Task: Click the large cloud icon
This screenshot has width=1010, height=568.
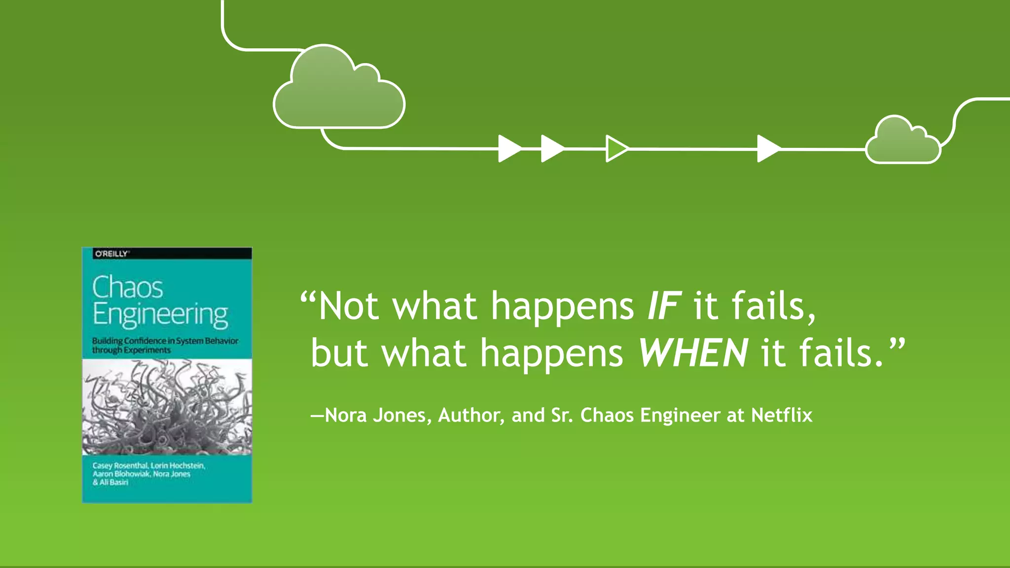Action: pos(339,91)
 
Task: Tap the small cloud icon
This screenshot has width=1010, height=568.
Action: pos(902,143)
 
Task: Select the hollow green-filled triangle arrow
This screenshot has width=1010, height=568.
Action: pos(616,148)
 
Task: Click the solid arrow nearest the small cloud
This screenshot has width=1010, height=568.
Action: pos(768,148)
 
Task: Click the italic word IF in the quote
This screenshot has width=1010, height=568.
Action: pos(664,306)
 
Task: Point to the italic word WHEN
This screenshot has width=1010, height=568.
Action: pos(693,353)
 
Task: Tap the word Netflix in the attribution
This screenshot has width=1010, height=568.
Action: pos(782,415)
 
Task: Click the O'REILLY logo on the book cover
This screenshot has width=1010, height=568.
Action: pos(112,254)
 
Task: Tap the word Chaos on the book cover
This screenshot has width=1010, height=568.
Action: pos(128,287)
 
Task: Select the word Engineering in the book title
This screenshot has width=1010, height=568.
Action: pos(160,315)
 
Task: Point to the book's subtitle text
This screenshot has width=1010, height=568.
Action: pos(165,345)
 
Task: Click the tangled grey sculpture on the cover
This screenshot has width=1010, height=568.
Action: pos(167,407)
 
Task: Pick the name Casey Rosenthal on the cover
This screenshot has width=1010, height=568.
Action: pos(120,465)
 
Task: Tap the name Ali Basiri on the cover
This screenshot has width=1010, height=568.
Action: pos(114,482)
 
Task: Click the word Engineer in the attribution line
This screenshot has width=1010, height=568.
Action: pos(680,415)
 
